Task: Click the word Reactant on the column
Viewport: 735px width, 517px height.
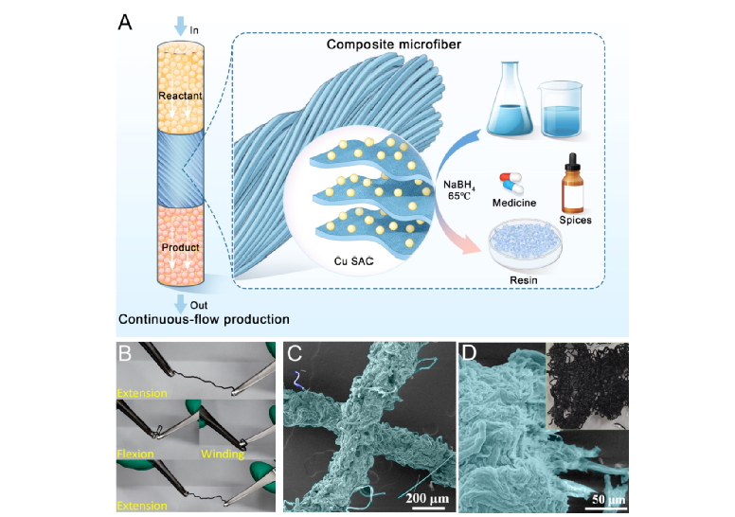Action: click(181, 97)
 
